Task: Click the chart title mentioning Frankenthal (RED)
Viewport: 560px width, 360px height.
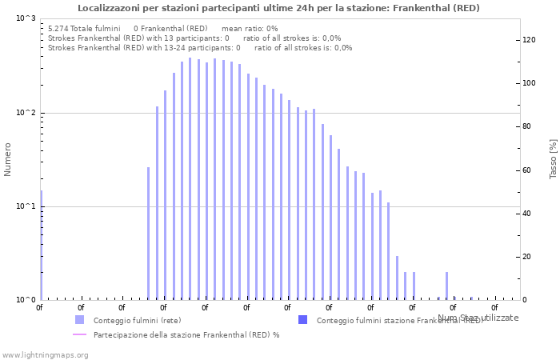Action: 279,8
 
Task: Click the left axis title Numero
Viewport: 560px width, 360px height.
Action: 8,159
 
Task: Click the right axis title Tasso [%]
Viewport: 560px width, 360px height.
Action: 553,159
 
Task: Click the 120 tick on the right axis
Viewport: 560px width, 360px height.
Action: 529,40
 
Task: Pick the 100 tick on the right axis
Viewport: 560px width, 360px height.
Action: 529,83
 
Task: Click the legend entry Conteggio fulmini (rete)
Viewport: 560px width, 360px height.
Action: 137,320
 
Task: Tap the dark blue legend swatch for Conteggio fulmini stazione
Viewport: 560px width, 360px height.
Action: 302,320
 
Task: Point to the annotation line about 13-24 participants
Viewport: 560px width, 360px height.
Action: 200,47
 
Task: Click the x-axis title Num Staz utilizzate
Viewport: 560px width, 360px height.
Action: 478,318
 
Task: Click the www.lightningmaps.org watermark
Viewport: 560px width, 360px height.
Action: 45,354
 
